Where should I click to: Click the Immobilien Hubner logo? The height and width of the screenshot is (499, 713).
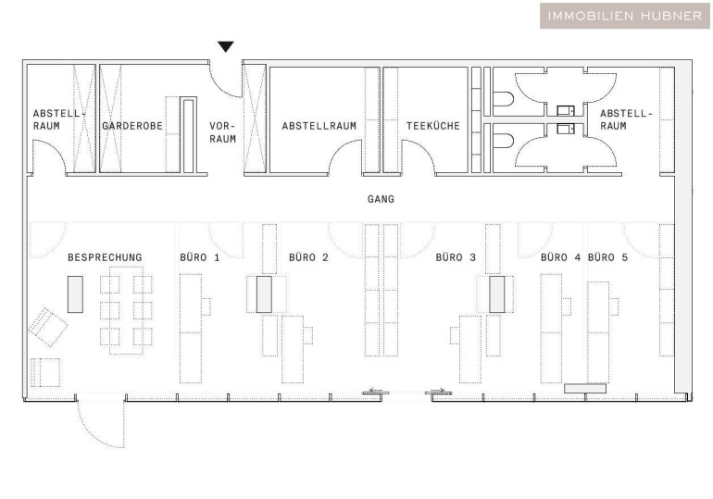(x=625, y=16)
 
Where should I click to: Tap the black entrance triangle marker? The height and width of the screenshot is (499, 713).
(x=226, y=46)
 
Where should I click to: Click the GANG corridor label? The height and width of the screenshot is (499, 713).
(x=382, y=199)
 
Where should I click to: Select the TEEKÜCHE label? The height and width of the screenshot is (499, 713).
(x=433, y=126)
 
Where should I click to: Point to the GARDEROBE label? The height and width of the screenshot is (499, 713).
(x=132, y=126)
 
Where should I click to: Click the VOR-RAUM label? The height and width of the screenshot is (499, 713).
(x=223, y=132)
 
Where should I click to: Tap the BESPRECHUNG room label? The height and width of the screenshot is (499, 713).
(x=105, y=257)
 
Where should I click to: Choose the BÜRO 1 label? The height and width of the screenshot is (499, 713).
(x=200, y=257)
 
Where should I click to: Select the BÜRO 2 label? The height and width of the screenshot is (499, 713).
(x=308, y=257)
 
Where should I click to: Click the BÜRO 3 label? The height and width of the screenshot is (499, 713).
(x=456, y=257)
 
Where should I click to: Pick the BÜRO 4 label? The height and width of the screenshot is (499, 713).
(x=560, y=257)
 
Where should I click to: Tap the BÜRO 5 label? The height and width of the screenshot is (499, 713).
(x=607, y=257)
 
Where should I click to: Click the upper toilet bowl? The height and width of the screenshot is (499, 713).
(x=503, y=99)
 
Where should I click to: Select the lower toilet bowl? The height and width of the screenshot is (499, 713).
(x=503, y=141)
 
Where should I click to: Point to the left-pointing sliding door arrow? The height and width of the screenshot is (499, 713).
(x=376, y=391)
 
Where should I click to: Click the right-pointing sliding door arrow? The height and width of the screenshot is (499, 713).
(x=438, y=391)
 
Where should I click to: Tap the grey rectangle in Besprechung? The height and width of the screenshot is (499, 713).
(x=76, y=294)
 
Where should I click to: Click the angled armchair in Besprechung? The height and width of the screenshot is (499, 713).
(x=48, y=327)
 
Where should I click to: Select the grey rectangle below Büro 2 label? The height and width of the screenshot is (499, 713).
(x=264, y=294)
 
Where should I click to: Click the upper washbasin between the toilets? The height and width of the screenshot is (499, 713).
(x=566, y=110)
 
